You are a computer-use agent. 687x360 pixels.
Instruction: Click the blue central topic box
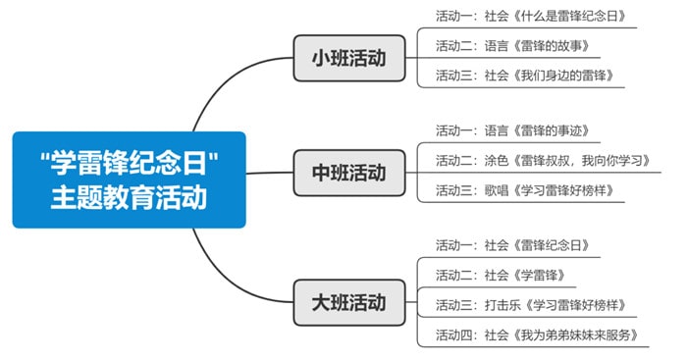click(x=129, y=180)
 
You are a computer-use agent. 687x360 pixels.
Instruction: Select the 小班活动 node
click(x=348, y=59)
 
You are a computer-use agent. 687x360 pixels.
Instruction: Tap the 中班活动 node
click(x=348, y=174)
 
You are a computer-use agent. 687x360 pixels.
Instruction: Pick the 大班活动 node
click(x=348, y=300)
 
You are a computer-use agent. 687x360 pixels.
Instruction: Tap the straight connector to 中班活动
click(x=270, y=174)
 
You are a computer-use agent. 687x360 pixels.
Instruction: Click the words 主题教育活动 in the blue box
click(x=129, y=197)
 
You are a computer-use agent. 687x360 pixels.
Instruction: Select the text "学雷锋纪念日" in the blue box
click(x=129, y=162)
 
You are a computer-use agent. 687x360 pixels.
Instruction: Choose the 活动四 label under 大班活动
click(x=454, y=334)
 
